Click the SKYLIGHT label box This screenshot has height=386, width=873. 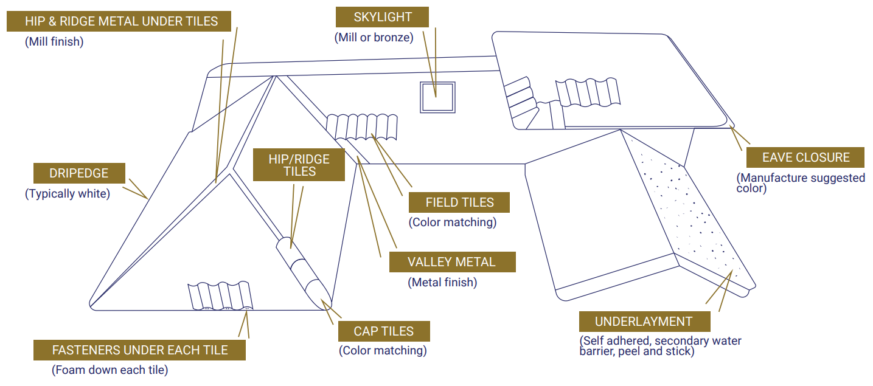[383, 17]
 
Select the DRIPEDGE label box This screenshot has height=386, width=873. [79, 173]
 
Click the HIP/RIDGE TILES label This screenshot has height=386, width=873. [299, 165]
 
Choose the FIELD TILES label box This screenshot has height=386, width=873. [459, 202]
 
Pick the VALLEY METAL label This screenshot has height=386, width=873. [451, 262]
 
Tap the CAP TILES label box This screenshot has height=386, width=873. [384, 331]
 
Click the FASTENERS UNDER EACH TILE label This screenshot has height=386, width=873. [140, 350]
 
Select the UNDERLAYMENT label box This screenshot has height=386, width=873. [644, 322]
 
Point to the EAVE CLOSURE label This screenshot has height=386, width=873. [805, 157]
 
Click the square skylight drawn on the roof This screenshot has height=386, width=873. [437, 97]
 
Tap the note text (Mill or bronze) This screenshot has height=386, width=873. [374, 37]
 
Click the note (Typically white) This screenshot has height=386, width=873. [68, 194]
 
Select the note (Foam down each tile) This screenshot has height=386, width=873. [110, 370]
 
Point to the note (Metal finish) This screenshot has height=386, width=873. [442, 282]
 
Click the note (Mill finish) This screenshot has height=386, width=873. [54, 42]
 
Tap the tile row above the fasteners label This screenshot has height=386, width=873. [220, 296]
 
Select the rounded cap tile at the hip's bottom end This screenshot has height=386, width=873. [319, 293]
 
